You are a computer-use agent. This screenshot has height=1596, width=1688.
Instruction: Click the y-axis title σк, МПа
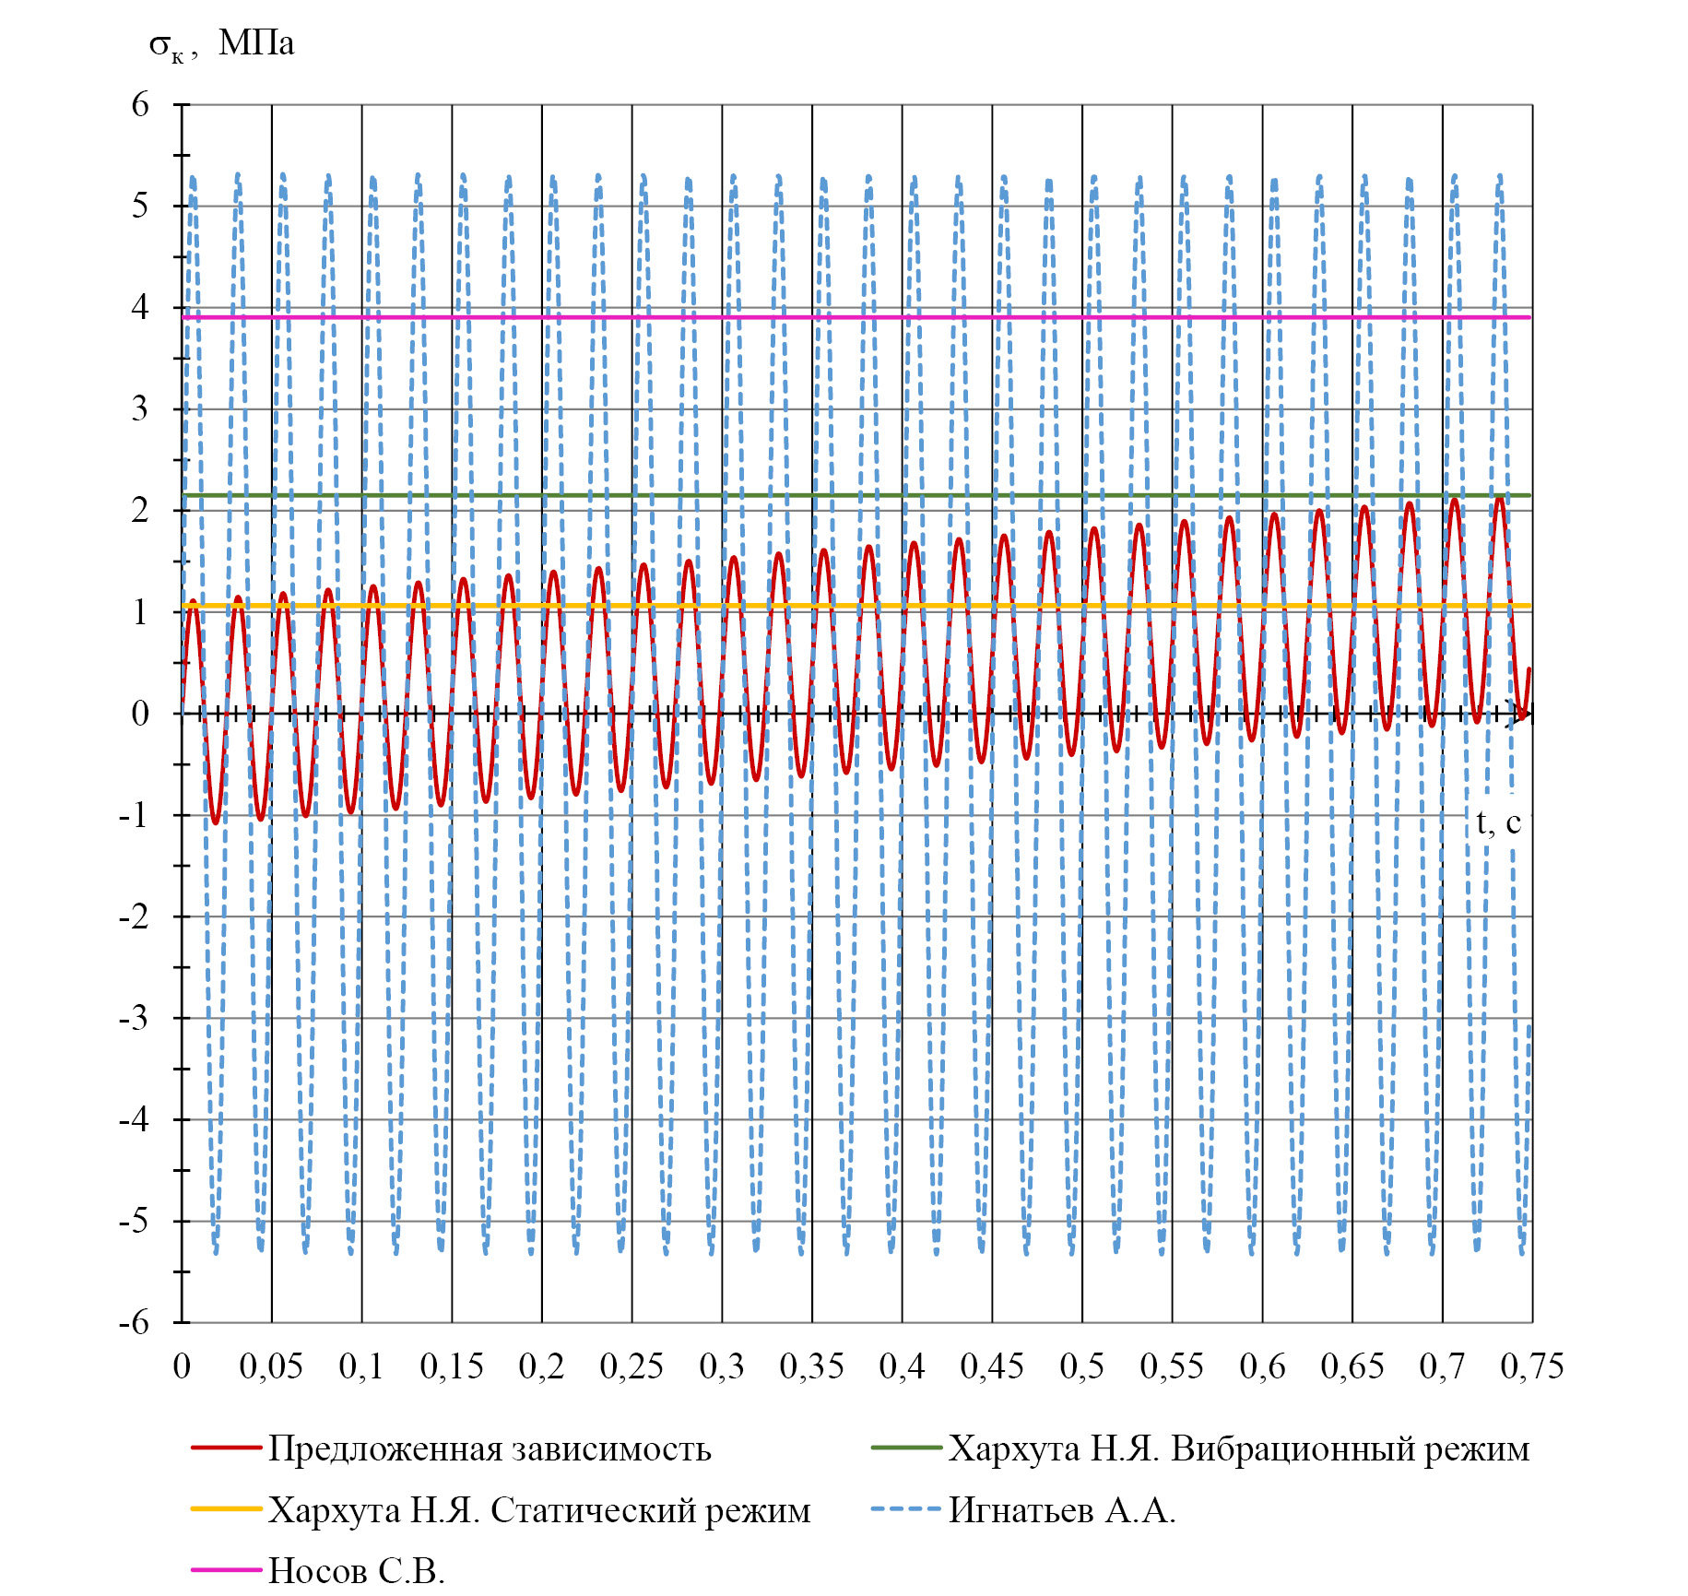[x=221, y=44]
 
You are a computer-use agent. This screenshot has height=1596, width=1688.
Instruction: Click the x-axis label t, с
[x=1497, y=822]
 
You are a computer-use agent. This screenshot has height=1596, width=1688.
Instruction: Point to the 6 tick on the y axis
[x=140, y=104]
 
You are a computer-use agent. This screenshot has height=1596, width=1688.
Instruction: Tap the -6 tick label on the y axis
[x=135, y=1322]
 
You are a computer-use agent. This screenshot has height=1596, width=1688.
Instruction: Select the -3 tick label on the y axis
[x=135, y=1018]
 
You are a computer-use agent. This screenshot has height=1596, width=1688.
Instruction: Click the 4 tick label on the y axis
[x=140, y=307]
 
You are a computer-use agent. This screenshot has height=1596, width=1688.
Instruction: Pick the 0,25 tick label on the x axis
[x=632, y=1366]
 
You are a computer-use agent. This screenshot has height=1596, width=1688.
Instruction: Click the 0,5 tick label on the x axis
[x=1081, y=1366]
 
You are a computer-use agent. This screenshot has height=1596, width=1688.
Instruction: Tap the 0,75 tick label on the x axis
[x=1532, y=1366]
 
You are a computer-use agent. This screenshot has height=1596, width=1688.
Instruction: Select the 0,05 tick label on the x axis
[x=271, y=1366]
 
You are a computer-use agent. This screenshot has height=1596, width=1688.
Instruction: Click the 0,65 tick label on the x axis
[x=1352, y=1366]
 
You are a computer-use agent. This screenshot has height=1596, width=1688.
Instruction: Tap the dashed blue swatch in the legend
[x=906, y=1509]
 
